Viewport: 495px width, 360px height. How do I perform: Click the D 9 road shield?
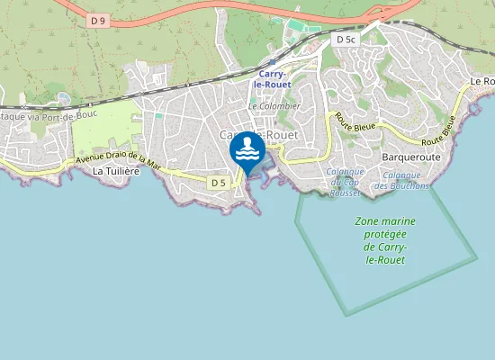pyautogui.click(x=98, y=18)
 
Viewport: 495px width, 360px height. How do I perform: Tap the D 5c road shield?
pyautogui.click(x=346, y=40)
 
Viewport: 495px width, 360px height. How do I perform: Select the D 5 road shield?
pyautogui.click(x=217, y=183)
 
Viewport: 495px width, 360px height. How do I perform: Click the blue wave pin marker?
pyautogui.click(x=247, y=152)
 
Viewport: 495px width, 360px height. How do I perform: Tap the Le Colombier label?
pyautogui.click(x=274, y=105)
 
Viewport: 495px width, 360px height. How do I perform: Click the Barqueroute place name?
pyautogui.click(x=410, y=155)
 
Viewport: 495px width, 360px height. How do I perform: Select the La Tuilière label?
pyautogui.click(x=117, y=171)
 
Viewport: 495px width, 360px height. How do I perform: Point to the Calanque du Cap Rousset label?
pyautogui.click(x=345, y=182)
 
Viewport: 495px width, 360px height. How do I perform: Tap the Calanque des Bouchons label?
pyautogui.click(x=406, y=180)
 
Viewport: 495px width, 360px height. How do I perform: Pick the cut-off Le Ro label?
pyautogui.click(x=482, y=82)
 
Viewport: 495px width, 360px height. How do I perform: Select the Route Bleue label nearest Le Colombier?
pyautogui.click(x=352, y=123)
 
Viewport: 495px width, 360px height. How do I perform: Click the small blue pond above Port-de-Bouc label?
pyautogui.click(x=63, y=97)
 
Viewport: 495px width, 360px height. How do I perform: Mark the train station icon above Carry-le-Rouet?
pyautogui.click(x=272, y=63)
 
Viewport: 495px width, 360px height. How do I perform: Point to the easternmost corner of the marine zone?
pyautogui.click(x=477, y=259)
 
